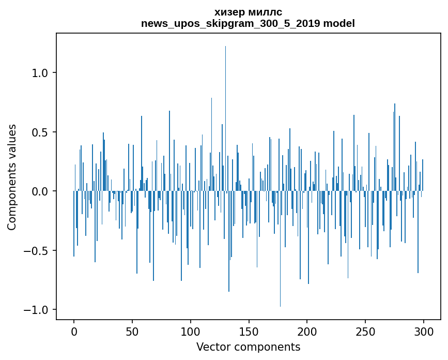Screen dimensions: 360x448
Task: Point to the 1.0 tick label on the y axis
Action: point(40,73)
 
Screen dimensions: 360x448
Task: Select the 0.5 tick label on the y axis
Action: point(40,132)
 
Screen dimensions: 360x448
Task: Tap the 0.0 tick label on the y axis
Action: point(40,191)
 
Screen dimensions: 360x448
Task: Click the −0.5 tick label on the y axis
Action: point(37,251)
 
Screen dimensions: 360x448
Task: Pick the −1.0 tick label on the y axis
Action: point(37,310)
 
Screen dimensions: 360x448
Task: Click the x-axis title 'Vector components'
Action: point(248,347)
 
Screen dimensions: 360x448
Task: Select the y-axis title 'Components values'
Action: point(12,177)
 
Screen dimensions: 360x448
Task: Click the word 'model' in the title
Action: point(339,23)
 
